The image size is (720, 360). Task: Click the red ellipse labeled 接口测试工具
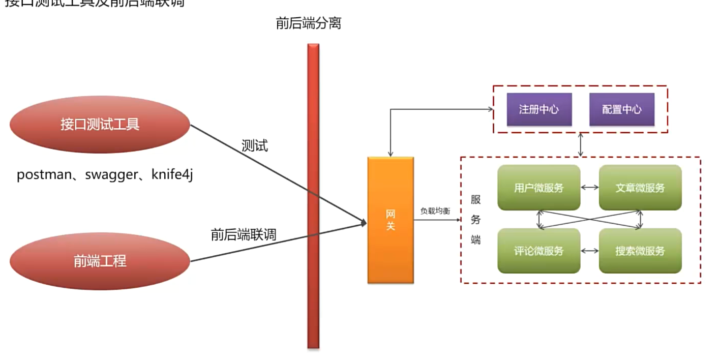tap(100, 125)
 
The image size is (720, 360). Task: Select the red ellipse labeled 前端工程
tap(100, 261)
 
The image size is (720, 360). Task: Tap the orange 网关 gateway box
tap(391, 220)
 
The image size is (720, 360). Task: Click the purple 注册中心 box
tap(539, 109)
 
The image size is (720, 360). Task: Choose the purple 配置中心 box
tap(621, 109)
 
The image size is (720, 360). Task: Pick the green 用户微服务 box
tap(539, 188)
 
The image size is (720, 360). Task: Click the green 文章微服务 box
tap(640, 188)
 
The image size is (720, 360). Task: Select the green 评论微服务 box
tap(539, 251)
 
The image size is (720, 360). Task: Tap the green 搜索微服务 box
tap(640, 251)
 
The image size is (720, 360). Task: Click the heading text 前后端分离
tap(308, 23)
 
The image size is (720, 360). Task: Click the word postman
tap(44, 175)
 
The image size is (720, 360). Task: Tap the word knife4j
tap(172, 175)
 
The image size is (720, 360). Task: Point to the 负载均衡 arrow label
tap(435, 211)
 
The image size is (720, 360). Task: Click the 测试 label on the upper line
tap(255, 146)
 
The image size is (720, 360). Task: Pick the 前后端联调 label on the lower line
tap(243, 234)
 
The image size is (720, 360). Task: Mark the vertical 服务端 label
tap(475, 220)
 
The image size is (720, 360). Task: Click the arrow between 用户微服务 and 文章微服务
tap(590, 188)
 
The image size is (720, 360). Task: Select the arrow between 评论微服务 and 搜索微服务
tap(590, 251)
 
